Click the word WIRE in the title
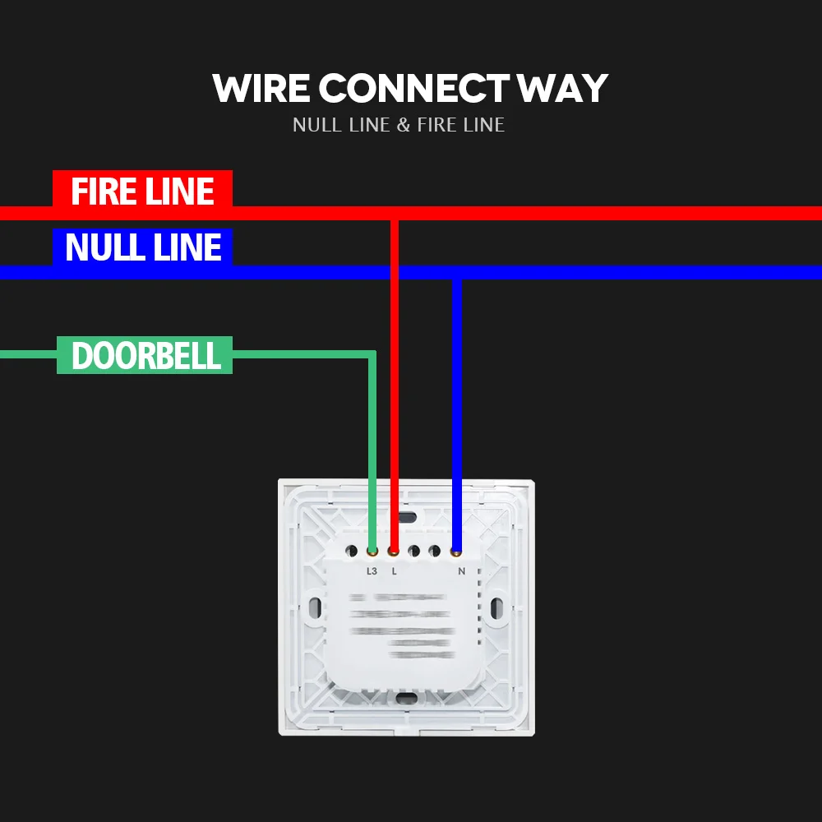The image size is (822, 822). (x=261, y=89)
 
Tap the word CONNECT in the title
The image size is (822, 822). (x=413, y=89)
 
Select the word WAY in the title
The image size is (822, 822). (x=563, y=89)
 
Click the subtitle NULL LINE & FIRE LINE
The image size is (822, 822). (x=399, y=125)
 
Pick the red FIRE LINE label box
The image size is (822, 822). (x=142, y=190)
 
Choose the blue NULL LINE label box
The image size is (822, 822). (x=143, y=247)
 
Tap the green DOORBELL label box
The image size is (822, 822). (x=145, y=355)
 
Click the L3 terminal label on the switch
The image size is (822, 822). (x=372, y=570)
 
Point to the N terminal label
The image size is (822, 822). (x=460, y=570)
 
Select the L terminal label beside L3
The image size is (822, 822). (x=394, y=570)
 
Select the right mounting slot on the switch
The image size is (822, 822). (x=496, y=608)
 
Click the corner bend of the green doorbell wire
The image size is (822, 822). (x=372, y=355)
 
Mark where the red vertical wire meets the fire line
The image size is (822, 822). (x=395, y=214)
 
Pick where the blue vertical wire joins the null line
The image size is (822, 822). (x=457, y=273)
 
